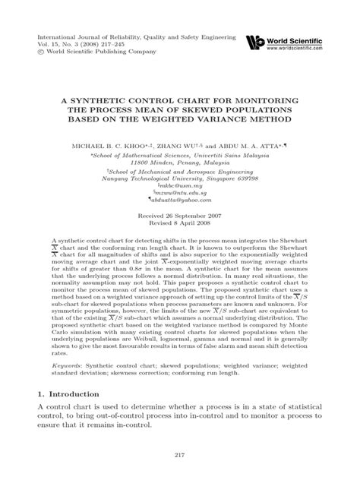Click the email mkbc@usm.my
pyautogui.click(x=179, y=185)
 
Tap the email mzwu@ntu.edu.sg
pyautogui.click(x=179, y=194)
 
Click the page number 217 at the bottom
pyautogui.click(x=179, y=455)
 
